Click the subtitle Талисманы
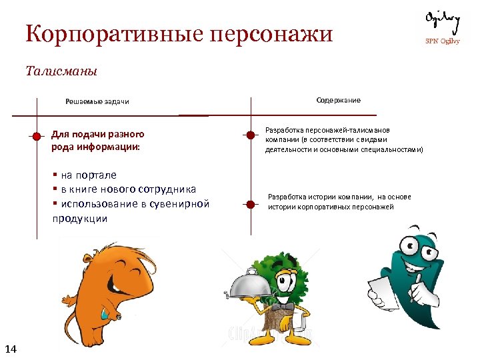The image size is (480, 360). pyautogui.click(x=61, y=70)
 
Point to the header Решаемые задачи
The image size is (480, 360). pyautogui.click(x=97, y=101)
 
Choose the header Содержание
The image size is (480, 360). pyautogui.click(x=338, y=100)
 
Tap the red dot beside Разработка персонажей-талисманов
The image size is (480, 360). pyautogui.click(x=251, y=135)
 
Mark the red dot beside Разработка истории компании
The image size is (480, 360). pyautogui.click(x=251, y=201)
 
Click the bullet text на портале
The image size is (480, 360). pyautogui.click(x=89, y=175)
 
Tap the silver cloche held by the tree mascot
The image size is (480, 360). pyautogui.click(x=250, y=284)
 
